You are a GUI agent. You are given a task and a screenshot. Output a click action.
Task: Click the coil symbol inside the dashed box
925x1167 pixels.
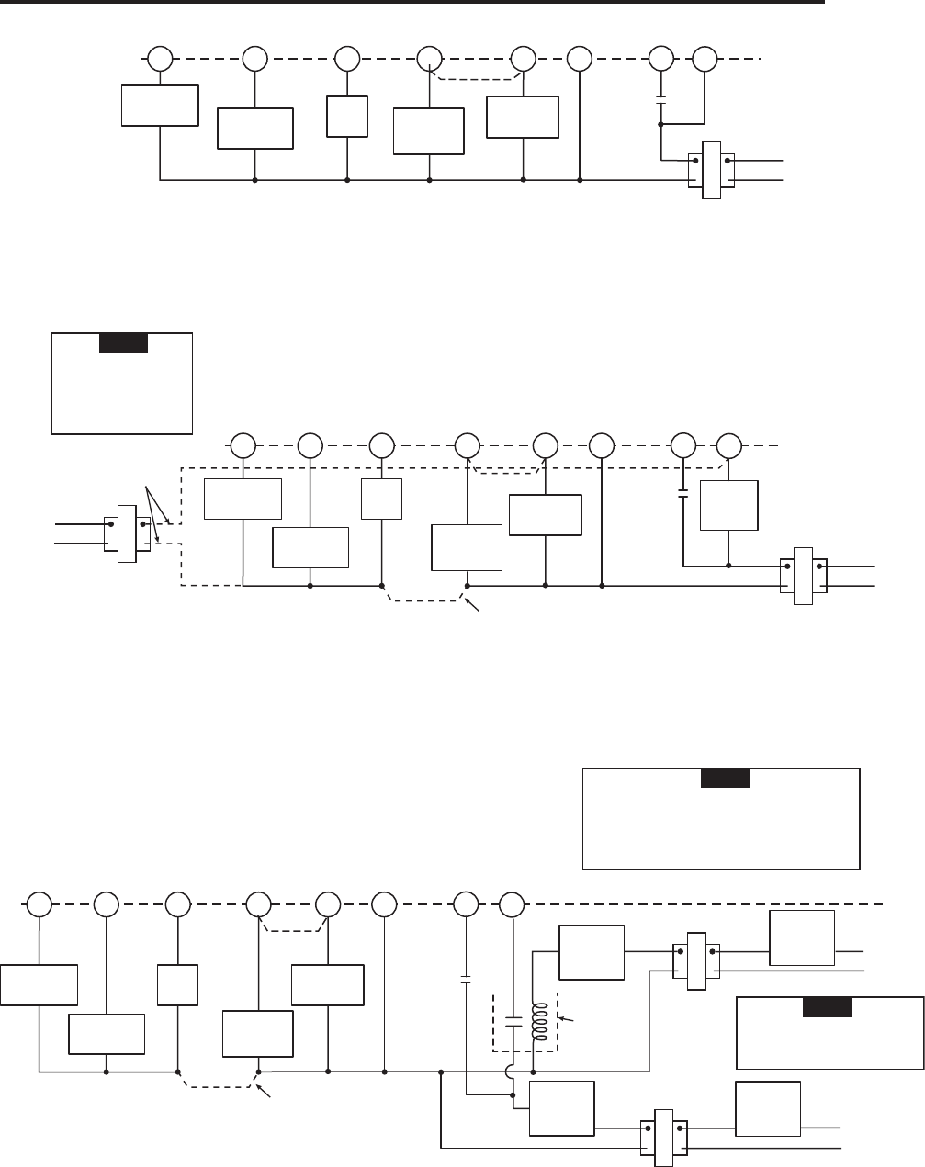coord(541,1022)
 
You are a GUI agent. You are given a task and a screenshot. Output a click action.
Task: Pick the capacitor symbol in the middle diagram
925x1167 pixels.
coord(683,495)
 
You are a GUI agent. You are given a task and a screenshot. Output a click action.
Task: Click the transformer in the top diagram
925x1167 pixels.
coord(711,170)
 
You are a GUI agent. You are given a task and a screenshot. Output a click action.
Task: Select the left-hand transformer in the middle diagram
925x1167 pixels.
coord(127,533)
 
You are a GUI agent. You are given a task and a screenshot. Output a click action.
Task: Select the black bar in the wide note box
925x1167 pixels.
coord(725,778)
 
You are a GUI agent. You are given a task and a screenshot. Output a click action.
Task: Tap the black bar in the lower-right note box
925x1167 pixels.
coord(826,1006)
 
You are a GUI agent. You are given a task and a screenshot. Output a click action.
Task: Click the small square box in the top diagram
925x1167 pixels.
coord(347,117)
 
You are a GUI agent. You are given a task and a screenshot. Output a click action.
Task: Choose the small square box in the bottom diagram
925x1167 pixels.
coord(177,985)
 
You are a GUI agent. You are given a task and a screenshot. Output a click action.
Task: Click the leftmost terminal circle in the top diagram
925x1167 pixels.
coord(161,60)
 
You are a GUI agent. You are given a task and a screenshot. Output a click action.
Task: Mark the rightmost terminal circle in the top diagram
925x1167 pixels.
coord(705,60)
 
